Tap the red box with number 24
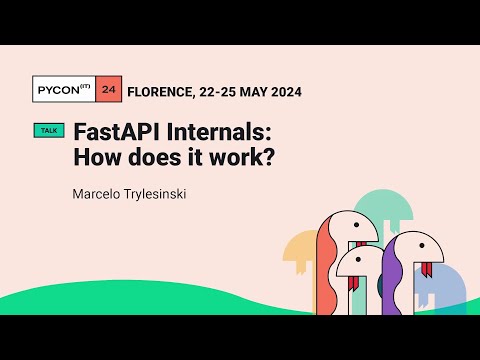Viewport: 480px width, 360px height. pos(109,91)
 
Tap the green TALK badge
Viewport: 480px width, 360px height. pos(48,131)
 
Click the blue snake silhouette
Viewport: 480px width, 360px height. pos(445,290)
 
